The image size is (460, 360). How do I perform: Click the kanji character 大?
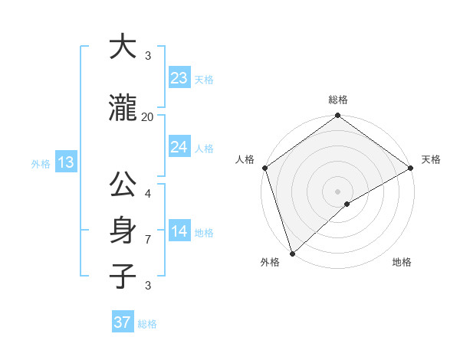[x=123, y=47]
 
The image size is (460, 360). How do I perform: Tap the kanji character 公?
[x=123, y=185]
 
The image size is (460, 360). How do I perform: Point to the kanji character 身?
[x=123, y=231]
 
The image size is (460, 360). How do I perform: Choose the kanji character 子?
[x=123, y=276]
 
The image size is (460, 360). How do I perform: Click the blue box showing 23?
[x=179, y=78]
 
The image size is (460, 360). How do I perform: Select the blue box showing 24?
[x=179, y=147]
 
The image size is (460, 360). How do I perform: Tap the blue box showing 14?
[x=179, y=232]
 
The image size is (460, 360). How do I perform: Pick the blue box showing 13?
[x=65, y=162]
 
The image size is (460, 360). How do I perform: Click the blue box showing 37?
[x=123, y=322]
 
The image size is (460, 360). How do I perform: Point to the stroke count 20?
[x=148, y=116]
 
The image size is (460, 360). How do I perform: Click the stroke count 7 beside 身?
[x=148, y=240]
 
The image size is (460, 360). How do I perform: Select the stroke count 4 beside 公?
[x=148, y=194]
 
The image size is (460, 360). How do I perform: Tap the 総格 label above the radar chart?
[x=337, y=100]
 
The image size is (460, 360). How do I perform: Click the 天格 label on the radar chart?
[x=431, y=159]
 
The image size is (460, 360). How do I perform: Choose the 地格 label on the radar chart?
[x=402, y=262]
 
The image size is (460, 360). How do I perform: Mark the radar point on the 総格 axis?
[x=337, y=116]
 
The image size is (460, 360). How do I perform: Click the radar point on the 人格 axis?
[x=264, y=168]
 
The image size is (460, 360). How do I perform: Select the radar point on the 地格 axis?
[x=347, y=204]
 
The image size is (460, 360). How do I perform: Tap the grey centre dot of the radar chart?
[x=337, y=191]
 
